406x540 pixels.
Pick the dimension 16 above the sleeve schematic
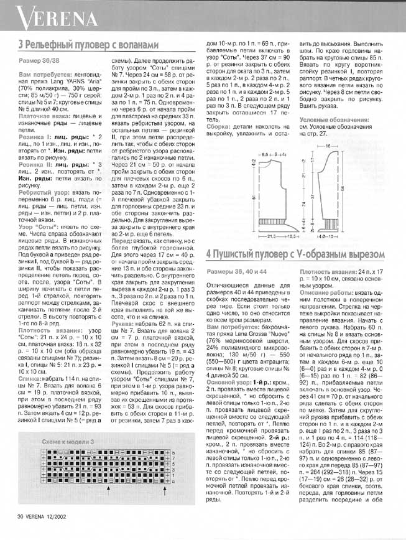coord(344,145)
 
